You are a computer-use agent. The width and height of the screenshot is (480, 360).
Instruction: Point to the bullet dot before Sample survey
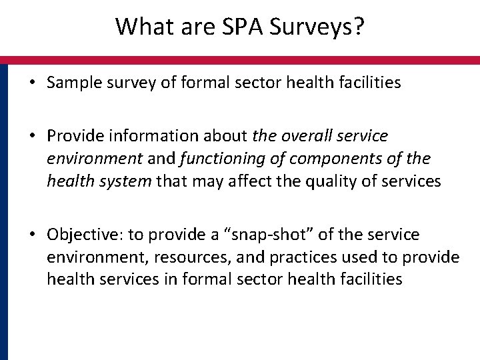pos(31,83)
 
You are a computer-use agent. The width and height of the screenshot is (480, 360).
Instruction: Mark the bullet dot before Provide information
pos(31,136)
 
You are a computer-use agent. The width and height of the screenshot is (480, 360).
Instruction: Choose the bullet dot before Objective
pos(31,235)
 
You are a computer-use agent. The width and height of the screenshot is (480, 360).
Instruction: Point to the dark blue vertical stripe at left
pos(4,213)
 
